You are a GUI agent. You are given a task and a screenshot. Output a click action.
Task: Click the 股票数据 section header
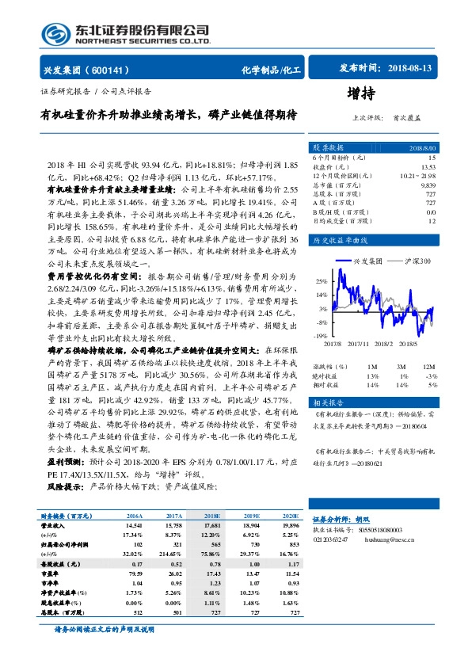click(x=328, y=147)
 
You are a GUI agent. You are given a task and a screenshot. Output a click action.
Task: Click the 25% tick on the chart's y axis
click(x=322, y=281)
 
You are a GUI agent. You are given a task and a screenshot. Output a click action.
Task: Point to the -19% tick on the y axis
click(x=320, y=337)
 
